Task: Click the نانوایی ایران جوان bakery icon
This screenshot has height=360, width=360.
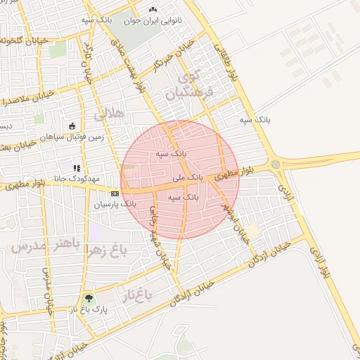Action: pos(153,11)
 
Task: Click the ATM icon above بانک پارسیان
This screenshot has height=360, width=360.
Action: pos(115,193)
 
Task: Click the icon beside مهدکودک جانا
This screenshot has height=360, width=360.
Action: pos(76,169)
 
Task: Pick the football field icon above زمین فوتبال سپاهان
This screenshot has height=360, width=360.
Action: pos(72,127)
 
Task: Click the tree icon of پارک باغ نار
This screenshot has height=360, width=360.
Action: pos(87,298)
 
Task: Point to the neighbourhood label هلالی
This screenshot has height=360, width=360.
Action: pos(110,112)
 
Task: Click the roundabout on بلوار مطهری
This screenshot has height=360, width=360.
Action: pos(275,165)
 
